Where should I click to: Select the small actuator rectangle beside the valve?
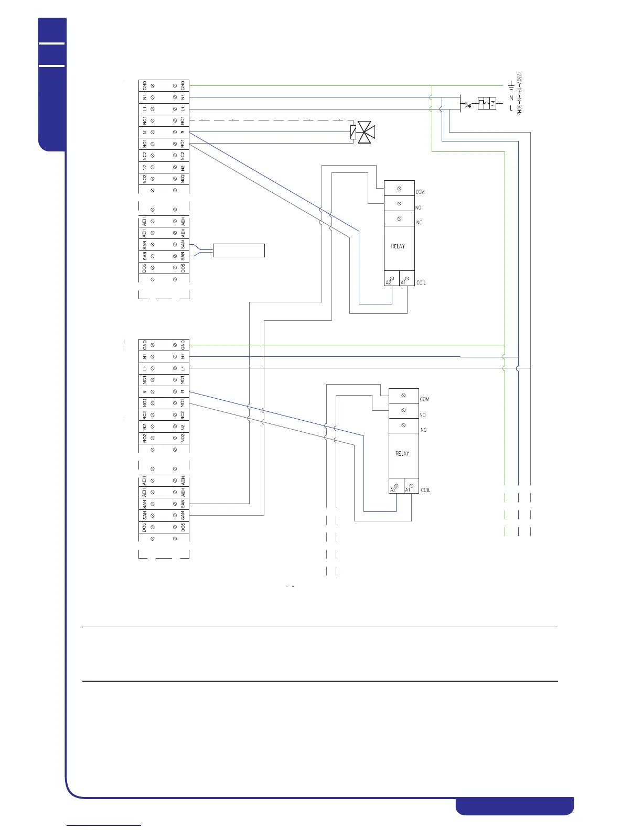pos(353,132)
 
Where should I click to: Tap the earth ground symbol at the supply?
pos(511,85)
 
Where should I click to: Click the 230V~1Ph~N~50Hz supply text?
pos(519,93)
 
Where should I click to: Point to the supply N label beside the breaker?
pos(511,97)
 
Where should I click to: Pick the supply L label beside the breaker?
pos(511,108)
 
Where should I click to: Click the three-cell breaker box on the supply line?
pos(487,103)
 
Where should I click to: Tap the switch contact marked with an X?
pos(466,104)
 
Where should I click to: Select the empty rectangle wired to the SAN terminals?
pos(239,250)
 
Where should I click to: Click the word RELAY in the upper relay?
pos(398,246)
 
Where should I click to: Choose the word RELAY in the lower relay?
pos(402,454)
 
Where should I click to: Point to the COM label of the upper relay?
pos(420,192)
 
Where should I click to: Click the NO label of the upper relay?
pos(418,208)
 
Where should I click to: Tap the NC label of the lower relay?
pos(423,430)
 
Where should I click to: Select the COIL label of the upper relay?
pos(421,283)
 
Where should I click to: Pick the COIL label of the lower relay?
pos(425,490)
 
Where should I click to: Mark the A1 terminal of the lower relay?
pos(410,487)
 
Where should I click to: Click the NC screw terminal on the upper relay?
pos(399,219)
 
